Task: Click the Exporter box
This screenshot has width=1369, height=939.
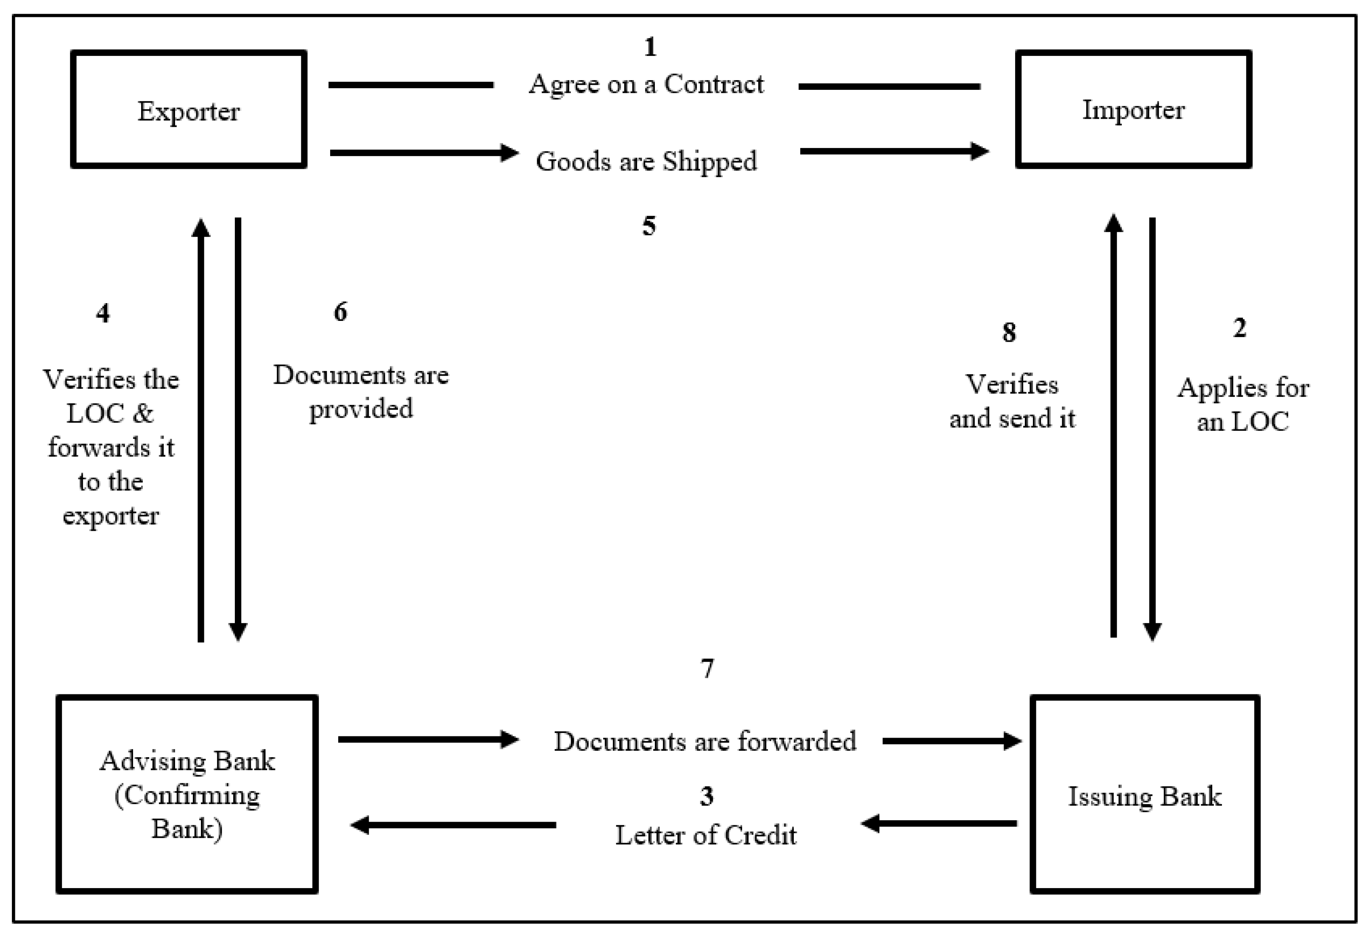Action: [x=189, y=109]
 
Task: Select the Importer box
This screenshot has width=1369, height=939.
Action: [x=1133, y=109]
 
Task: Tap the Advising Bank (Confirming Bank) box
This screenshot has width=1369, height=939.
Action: [x=187, y=794]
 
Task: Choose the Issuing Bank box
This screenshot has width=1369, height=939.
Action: [x=1144, y=794]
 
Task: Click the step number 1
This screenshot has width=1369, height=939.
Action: [x=650, y=47]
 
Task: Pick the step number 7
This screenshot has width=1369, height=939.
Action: [x=707, y=669]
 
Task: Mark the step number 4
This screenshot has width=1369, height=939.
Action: [x=103, y=313]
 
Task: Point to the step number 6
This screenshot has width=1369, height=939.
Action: [x=340, y=312]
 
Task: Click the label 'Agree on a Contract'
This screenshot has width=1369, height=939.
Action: [x=646, y=85]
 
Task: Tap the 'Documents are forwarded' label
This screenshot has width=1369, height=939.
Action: [x=705, y=741]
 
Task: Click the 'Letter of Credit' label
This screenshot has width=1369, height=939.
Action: [x=706, y=835]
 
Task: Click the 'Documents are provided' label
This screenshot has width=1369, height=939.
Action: [x=361, y=392]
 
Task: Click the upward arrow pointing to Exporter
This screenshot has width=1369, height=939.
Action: [x=201, y=430]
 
